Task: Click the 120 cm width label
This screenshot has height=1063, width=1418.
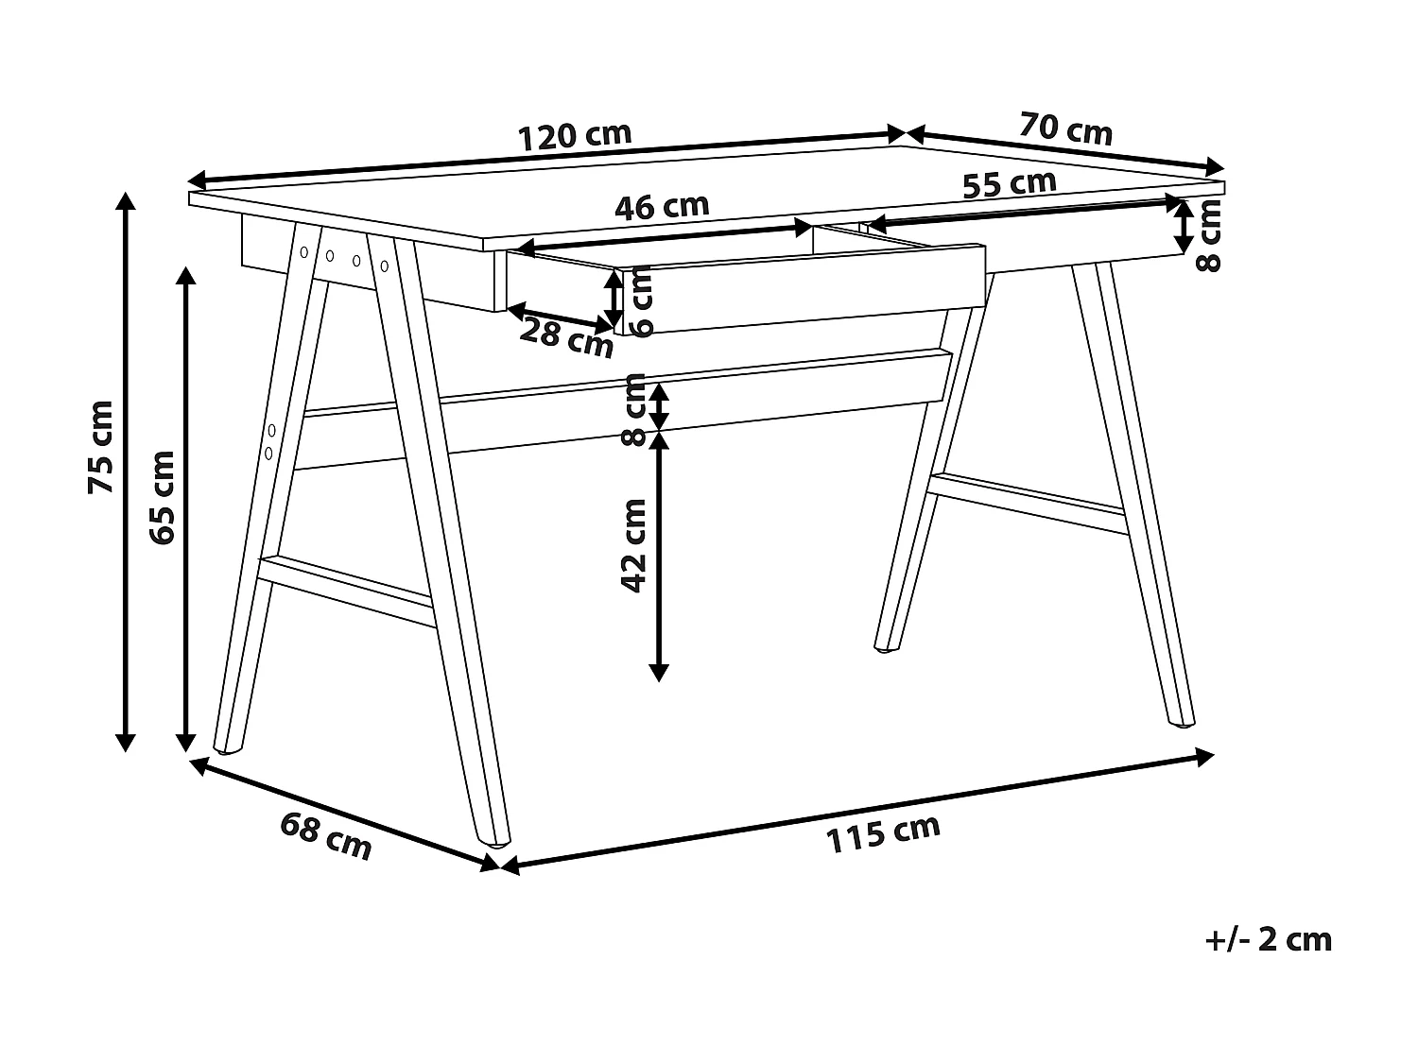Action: coord(575,136)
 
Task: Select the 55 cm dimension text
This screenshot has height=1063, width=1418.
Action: coord(1009,183)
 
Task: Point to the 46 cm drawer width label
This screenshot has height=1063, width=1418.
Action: coord(661,206)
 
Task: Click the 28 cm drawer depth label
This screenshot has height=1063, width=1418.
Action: coord(567,337)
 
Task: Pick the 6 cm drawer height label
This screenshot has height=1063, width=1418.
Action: coord(640,301)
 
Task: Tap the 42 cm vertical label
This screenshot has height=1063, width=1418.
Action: coord(632,545)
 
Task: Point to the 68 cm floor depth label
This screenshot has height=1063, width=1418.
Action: coord(326,836)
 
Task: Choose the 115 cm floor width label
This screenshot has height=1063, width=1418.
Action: coord(883,832)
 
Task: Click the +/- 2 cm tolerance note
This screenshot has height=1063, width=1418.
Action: coord(1269,939)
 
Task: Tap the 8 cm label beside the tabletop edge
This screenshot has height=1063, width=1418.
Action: coord(1209,235)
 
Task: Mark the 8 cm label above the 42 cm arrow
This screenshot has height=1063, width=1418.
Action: coord(634,408)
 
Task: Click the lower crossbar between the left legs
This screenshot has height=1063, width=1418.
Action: coord(345,591)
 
